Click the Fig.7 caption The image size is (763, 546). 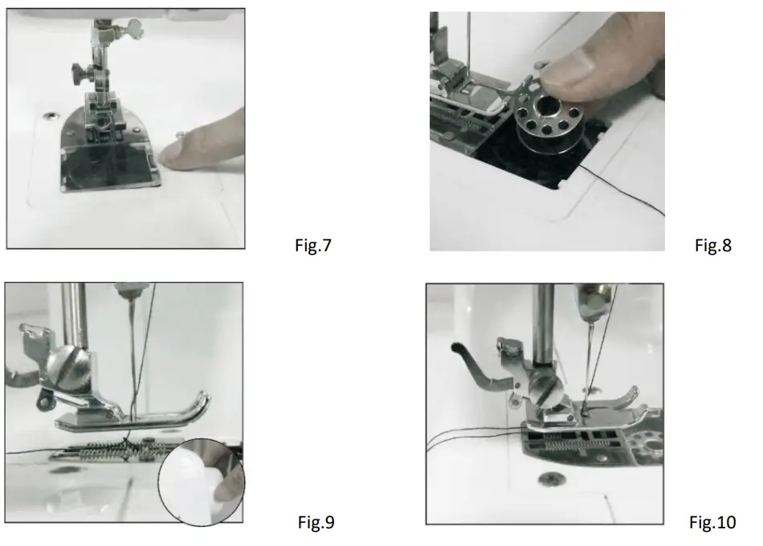point(313,246)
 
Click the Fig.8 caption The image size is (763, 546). point(713,246)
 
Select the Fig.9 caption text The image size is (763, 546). point(316,523)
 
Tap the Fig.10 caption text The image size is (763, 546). point(712,523)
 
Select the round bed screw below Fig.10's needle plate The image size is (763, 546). point(549,481)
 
